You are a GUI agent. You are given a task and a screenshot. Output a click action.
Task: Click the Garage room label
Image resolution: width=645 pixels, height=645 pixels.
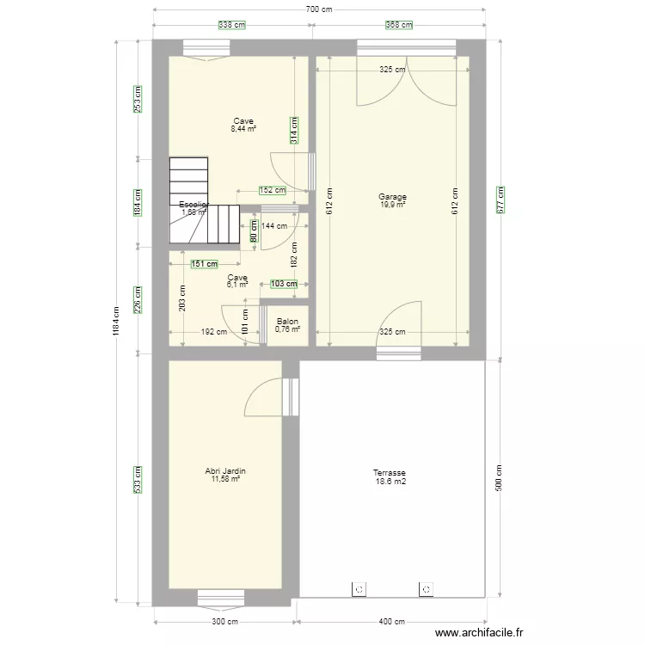click(x=392, y=197)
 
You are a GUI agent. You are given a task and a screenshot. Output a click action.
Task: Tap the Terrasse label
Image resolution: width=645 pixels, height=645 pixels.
click(x=390, y=473)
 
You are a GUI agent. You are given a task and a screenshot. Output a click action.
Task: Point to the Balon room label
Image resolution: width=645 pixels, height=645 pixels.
click(x=287, y=321)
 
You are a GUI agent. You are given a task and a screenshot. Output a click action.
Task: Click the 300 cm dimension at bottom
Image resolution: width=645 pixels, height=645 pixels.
click(x=225, y=622)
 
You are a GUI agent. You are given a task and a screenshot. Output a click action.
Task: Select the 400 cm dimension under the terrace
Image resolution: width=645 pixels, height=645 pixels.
click(x=392, y=622)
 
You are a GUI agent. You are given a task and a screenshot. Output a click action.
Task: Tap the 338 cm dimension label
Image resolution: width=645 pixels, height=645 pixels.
click(x=231, y=25)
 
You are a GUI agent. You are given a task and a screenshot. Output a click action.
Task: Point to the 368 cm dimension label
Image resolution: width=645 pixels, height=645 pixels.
click(x=398, y=25)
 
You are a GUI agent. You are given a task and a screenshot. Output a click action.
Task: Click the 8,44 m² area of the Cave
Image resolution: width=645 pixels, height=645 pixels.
click(x=243, y=129)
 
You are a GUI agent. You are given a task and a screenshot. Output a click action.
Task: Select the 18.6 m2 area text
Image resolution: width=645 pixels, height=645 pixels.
click(x=390, y=482)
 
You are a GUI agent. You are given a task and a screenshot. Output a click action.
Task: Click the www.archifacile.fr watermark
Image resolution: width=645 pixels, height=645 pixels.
click(x=479, y=633)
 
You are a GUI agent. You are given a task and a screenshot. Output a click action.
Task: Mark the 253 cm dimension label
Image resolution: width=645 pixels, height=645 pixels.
click(x=138, y=99)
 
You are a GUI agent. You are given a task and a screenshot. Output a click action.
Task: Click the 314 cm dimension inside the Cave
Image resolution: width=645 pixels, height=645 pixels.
click(x=295, y=130)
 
